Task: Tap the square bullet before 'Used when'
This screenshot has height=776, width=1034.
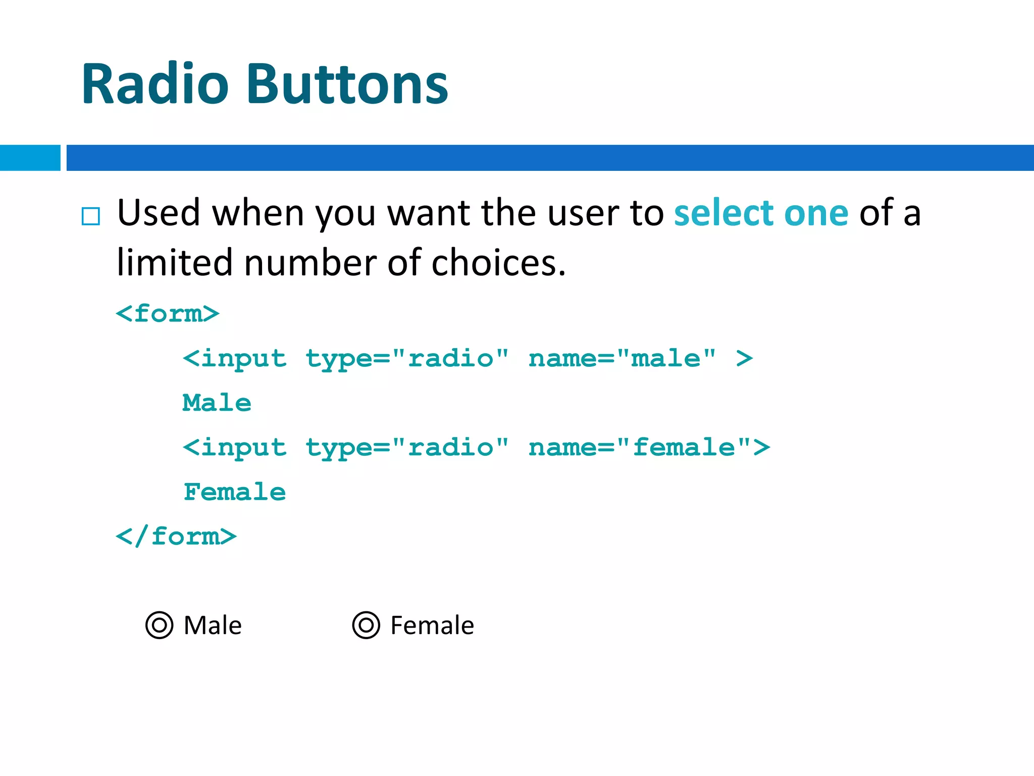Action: pos(91,216)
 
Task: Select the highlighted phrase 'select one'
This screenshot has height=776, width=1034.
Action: pos(761,213)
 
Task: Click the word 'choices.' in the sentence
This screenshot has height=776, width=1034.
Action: pos(498,263)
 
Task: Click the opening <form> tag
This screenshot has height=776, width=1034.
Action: pos(168,314)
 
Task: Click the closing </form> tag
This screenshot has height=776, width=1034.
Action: pos(176,536)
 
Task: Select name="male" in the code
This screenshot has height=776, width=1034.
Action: pos(622,358)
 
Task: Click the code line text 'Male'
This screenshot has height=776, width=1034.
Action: pos(217,403)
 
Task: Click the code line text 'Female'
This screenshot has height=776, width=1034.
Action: pos(235,492)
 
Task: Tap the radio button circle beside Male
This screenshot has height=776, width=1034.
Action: pos(160,625)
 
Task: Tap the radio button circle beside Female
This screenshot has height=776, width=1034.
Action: pos(366,625)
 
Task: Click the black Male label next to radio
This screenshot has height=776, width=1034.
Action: pos(213,625)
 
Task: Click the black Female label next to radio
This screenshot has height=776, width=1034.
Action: pos(432,625)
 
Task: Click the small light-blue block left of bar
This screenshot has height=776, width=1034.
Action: pos(30,158)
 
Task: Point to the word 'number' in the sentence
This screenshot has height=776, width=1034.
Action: pos(311,263)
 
